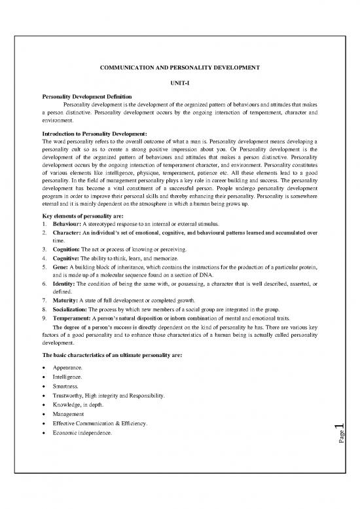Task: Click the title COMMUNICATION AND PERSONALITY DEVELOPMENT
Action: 179,68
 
